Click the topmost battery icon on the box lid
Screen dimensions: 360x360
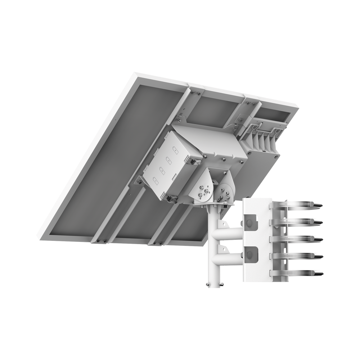(176, 150)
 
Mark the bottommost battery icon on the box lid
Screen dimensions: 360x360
(156, 179)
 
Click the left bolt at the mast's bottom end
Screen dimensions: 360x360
(208, 285)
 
